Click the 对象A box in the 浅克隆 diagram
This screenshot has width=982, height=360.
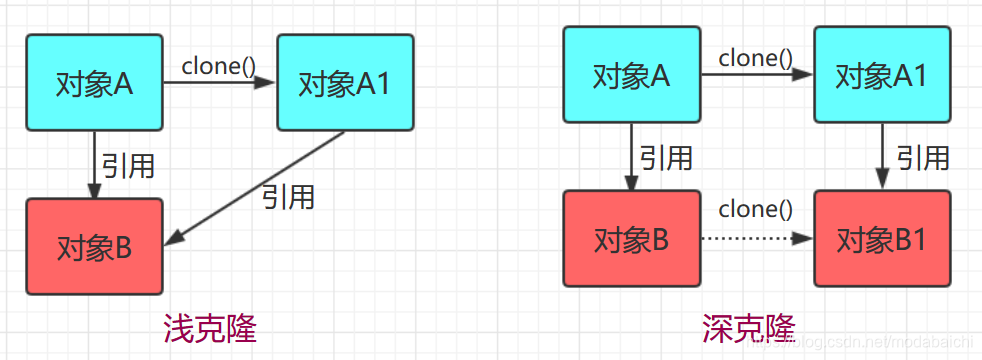(x=95, y=84)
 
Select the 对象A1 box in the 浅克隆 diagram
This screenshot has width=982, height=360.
(x=345, y=84)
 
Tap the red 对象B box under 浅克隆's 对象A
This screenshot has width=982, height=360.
(x=95, y=246)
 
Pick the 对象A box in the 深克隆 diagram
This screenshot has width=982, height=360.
(x=632, y=76)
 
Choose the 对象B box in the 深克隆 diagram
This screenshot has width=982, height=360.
(x=632, y=240)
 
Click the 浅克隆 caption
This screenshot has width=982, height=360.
(x=210, y=328)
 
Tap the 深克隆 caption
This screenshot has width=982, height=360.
(x=748, y=327)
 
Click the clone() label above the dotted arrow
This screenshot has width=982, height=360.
(x=755, y=210)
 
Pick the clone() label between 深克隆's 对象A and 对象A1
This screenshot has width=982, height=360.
(x=755, y=58)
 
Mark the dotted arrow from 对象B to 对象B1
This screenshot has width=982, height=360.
(x=756, y=239)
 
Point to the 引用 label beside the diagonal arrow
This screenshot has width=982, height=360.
(x=288, y=197)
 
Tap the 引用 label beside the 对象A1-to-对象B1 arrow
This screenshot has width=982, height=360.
(x=922, y=157)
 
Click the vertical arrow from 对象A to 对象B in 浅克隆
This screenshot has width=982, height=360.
(x=95, y=165)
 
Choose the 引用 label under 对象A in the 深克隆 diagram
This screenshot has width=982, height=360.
(x=666, y=157)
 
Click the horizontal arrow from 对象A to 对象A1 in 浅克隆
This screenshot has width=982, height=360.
(x=219, y=84)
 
